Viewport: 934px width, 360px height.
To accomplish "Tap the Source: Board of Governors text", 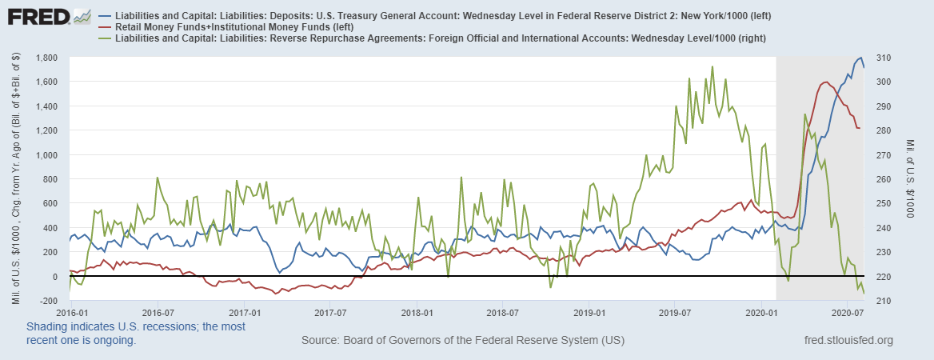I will [462, 341].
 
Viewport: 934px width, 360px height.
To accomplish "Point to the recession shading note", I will [136, 333].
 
